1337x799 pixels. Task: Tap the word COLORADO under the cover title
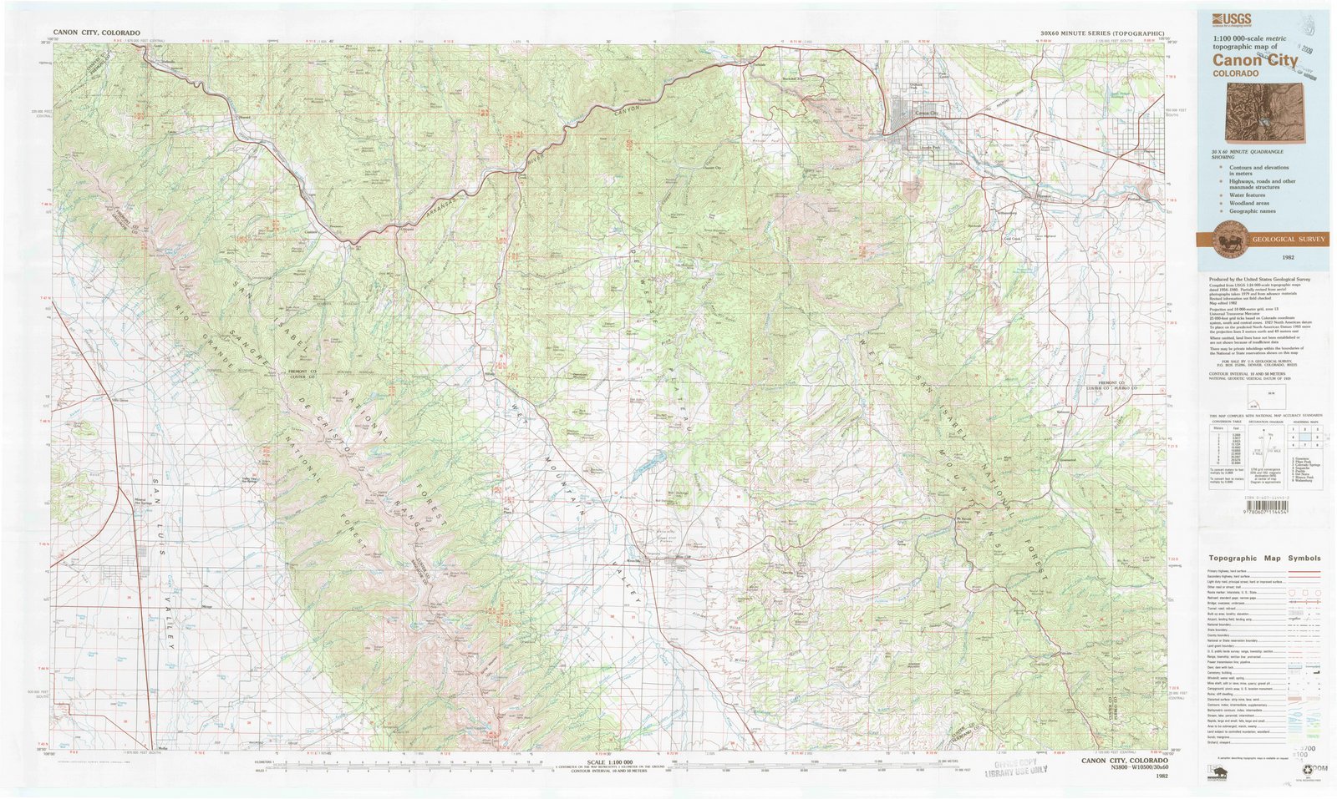coord(1236,74)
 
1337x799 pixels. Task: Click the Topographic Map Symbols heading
coord(1263,559)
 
